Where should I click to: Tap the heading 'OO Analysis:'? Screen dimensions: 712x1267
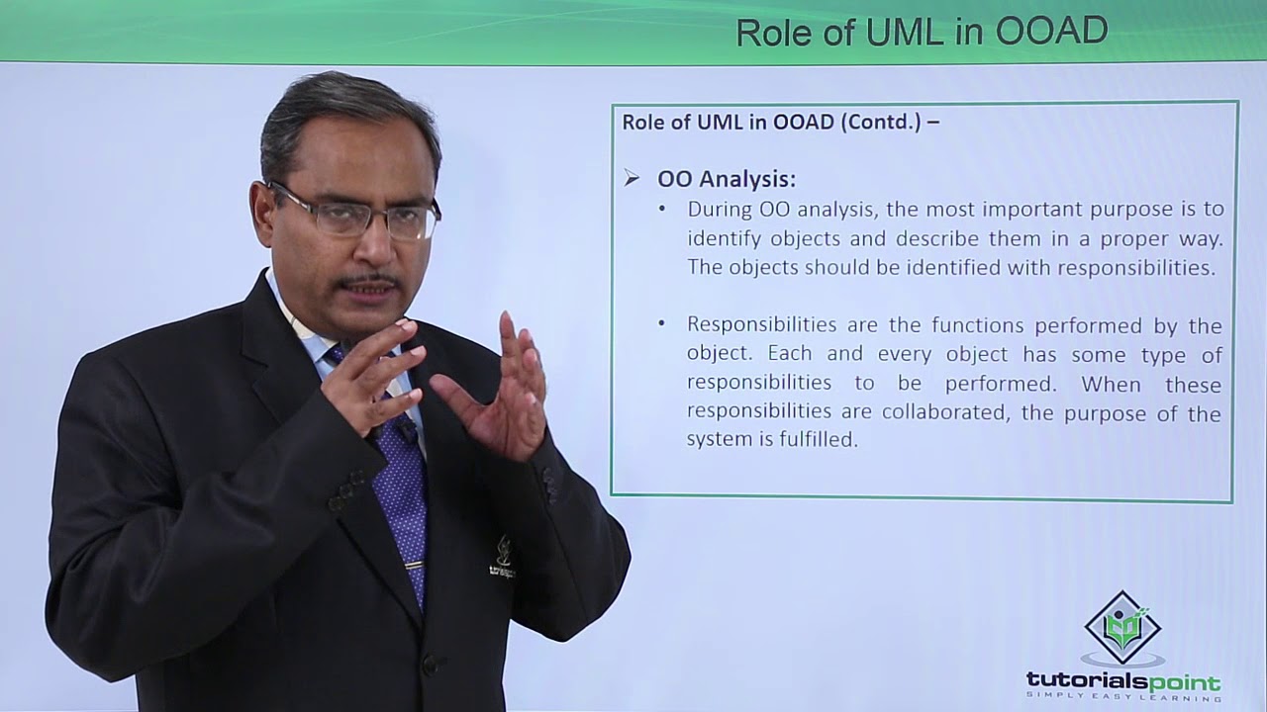pos(727,179)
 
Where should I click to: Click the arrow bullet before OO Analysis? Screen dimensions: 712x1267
pos(632,179)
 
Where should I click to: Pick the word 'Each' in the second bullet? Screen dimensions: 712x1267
pos(813,354)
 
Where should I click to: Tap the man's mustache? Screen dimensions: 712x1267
pos(368,282)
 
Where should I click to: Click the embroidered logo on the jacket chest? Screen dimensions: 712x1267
pos(503,559)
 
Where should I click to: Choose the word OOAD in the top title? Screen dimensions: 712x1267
pos(1051,32)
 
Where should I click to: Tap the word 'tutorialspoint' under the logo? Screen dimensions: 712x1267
pos(1122,681)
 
